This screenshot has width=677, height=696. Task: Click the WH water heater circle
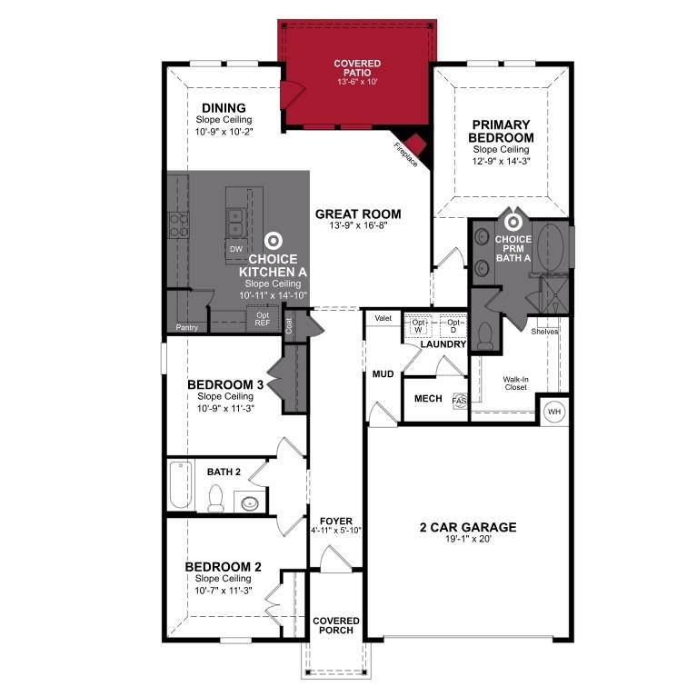tap(553, 412)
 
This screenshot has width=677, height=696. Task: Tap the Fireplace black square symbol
tap(417, 144)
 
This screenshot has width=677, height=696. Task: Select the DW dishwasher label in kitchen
tap(236, 248)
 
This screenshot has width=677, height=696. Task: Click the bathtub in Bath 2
tap(179, 486)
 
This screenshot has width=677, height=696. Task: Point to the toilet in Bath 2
tap(216, 497)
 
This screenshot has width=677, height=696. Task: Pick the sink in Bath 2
tap(248, 502)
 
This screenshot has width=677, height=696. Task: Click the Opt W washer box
tap(419, 325)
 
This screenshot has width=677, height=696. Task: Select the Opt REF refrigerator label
tap(262, 318)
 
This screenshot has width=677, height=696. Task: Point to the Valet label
tap(383, 319)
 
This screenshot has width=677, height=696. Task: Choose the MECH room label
tap(428, 399)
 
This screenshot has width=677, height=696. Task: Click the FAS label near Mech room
tap(459, 400)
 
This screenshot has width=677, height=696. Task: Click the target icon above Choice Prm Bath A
tap(513, 221)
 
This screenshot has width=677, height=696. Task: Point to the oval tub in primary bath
tap(553, 245)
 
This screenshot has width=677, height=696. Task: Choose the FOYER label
tap(336, 525)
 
